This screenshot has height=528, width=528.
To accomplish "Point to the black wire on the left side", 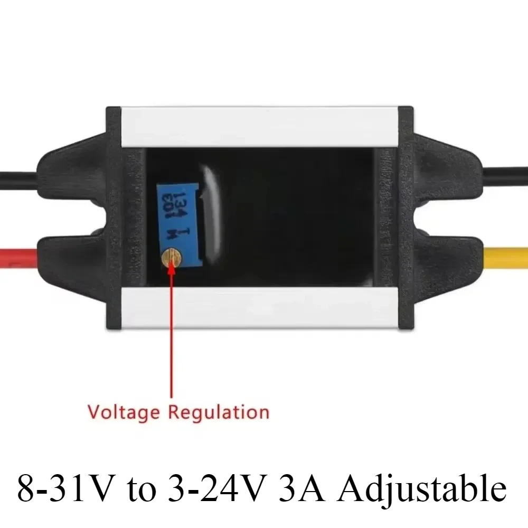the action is pos(16,176).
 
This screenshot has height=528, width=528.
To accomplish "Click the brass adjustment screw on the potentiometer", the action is pos(172,258).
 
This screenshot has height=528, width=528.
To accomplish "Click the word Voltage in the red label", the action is pos(122,411).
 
